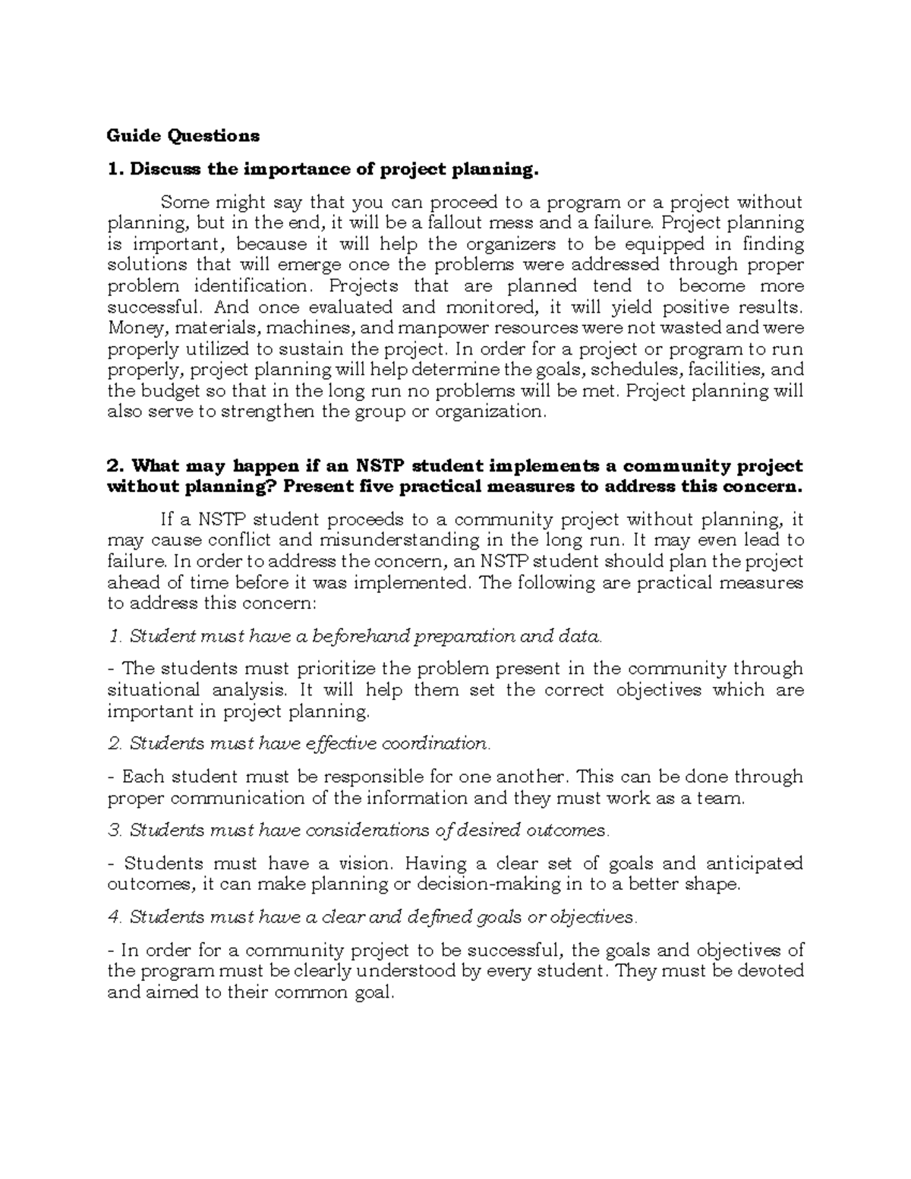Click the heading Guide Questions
point(183,136)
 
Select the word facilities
point(720,370)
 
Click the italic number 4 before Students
point(114,917)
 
